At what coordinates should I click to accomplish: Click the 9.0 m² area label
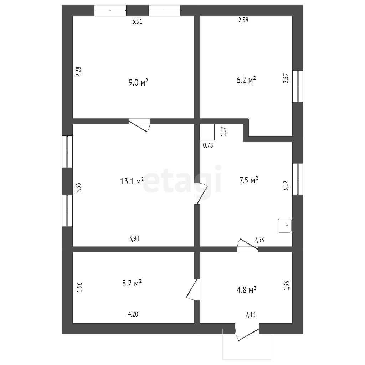pos(139,82)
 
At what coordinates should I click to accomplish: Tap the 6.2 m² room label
pos(246,80)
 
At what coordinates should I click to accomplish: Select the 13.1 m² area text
pos(132,181)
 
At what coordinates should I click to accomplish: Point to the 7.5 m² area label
pos(249,180)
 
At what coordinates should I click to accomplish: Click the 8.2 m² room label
pos(132,283)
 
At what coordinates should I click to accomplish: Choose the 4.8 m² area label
pos(247,290)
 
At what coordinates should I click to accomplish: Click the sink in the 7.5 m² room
pos(284,226)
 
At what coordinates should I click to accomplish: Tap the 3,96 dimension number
pos(137,21)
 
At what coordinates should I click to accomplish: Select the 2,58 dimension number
pos(243,20)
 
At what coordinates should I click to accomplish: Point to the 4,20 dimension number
pos(133,314)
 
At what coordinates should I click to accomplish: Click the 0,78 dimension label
pos(208,145)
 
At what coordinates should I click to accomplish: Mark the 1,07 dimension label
pos(223,132)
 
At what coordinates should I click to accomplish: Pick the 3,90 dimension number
pos(134,238)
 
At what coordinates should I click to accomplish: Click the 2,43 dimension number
pos(251,315)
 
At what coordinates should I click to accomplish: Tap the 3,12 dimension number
pos(286,186)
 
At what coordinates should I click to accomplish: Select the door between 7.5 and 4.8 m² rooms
pos(248,245)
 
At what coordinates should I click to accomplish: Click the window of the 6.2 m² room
pos(298,86)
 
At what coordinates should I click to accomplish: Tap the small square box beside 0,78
pos(207,132)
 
